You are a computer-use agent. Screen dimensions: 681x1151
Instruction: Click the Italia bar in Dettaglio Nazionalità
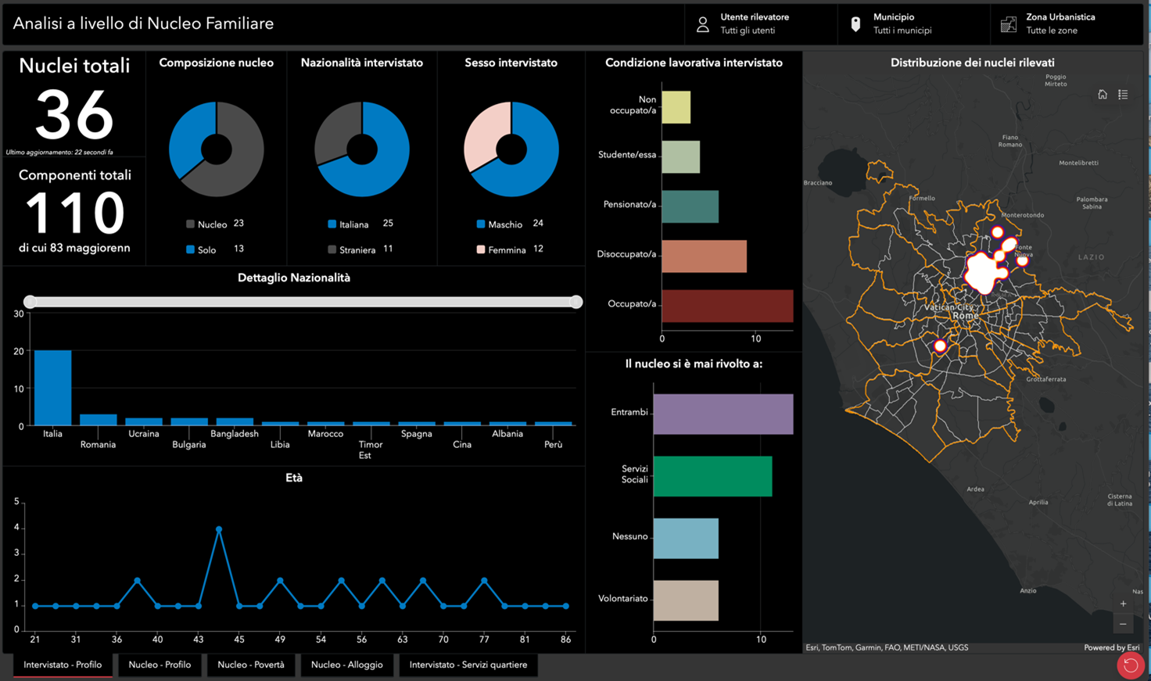52,388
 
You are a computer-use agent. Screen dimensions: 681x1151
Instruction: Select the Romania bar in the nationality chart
98,420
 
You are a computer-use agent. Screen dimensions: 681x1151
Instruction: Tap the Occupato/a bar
727,306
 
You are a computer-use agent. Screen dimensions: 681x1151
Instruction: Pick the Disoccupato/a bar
704,256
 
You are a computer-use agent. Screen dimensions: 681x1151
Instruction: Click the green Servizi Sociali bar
712,476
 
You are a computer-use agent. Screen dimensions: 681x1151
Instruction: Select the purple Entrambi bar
723,414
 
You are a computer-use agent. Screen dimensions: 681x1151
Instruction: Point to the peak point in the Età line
219,529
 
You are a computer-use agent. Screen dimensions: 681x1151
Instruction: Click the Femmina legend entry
504,249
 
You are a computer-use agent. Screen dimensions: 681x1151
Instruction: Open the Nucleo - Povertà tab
250,665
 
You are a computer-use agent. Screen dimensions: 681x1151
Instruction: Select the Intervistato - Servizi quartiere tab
468,665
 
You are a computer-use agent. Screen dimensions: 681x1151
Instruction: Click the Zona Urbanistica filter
1060,23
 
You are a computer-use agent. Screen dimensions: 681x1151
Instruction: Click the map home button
1103,95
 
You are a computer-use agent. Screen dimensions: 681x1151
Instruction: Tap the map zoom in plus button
1123,604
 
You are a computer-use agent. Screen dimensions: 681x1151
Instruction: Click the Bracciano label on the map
818,183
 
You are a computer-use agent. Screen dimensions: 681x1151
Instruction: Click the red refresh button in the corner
1130,665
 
